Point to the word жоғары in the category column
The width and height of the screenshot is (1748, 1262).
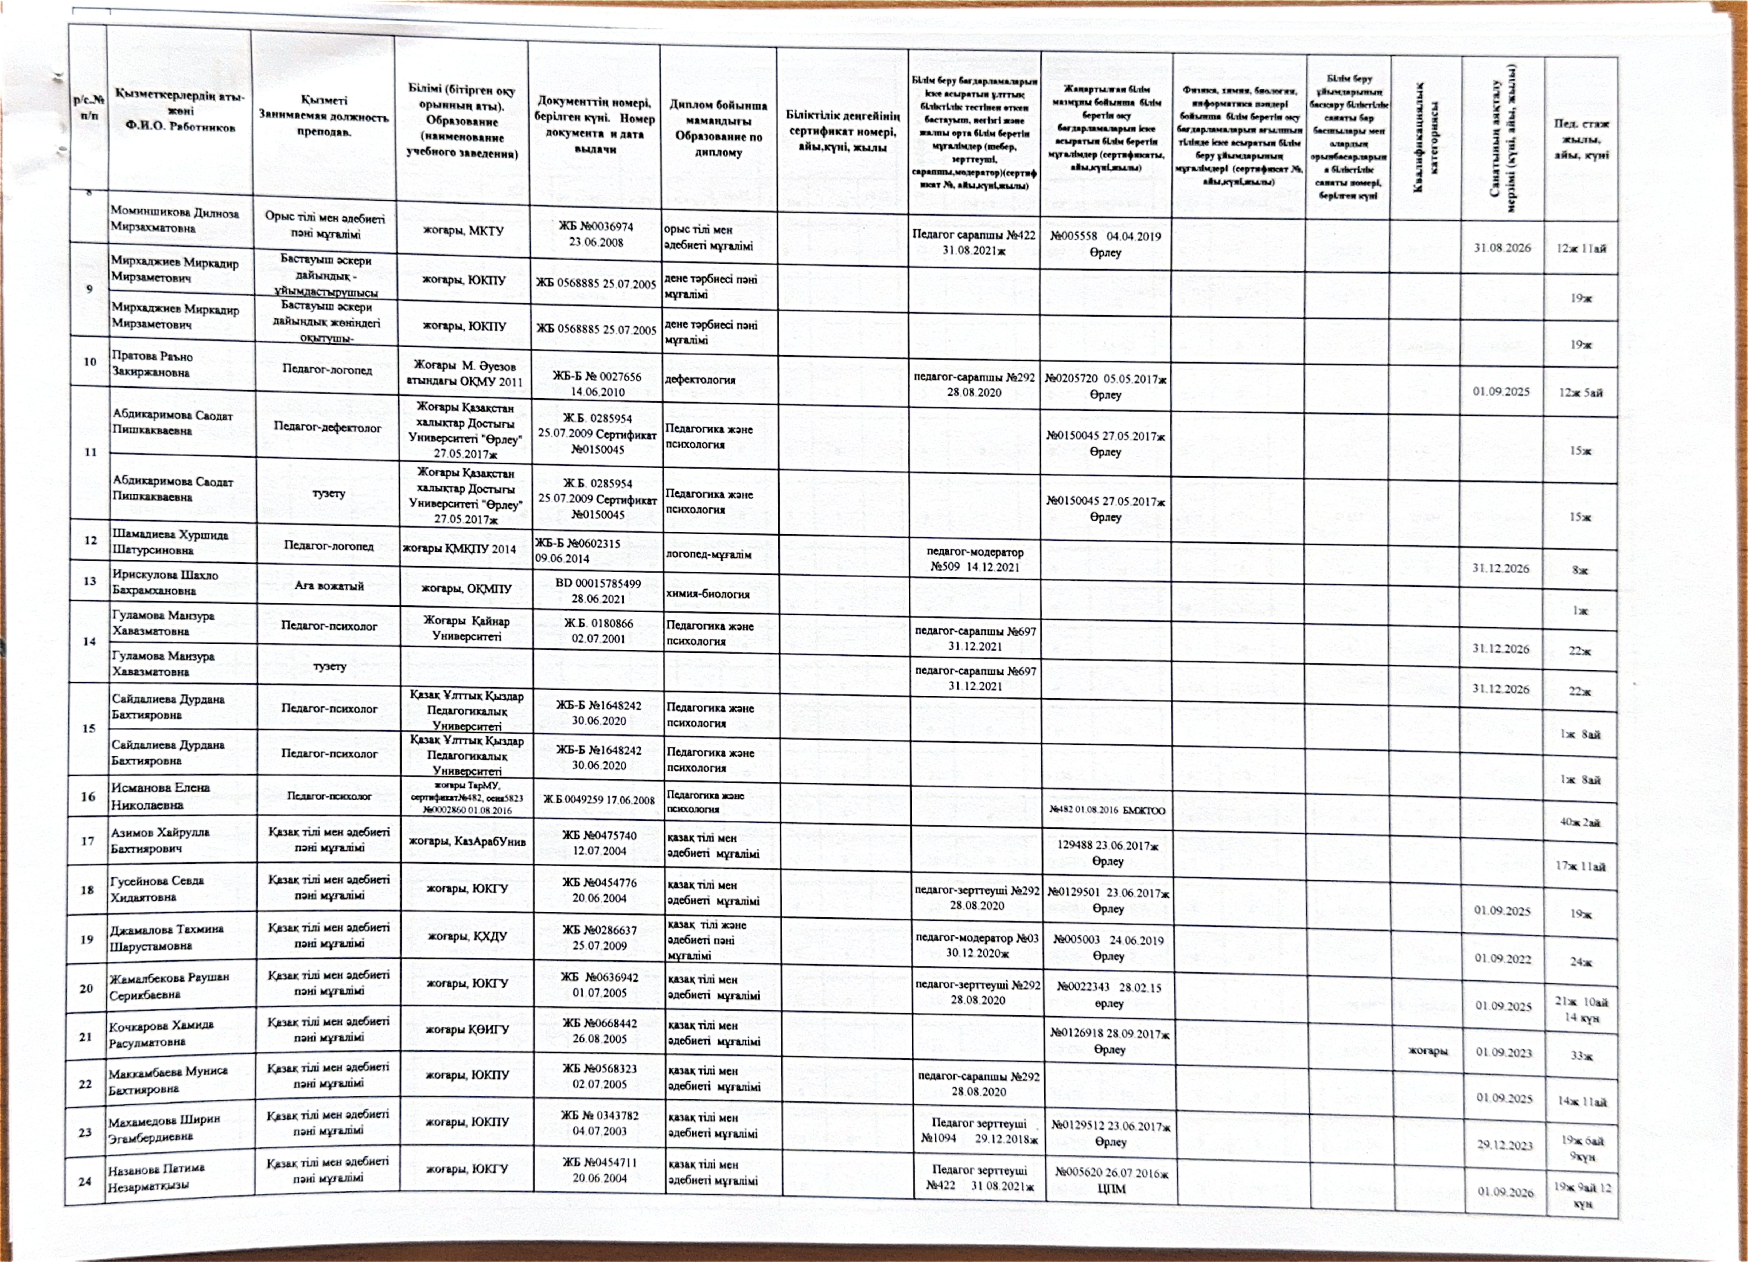(x=1427, y=1050)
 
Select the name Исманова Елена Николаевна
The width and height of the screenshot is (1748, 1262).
(x=160, y=796)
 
